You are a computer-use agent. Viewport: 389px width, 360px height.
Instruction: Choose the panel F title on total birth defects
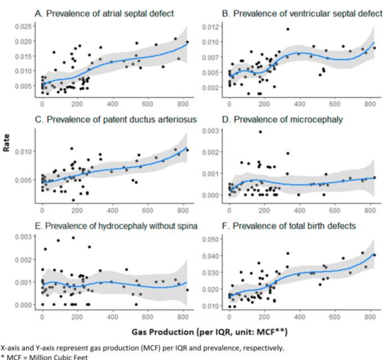(284, 226)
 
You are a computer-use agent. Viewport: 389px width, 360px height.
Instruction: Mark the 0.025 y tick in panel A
(24, 27)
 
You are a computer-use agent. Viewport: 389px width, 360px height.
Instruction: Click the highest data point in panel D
(260, 132)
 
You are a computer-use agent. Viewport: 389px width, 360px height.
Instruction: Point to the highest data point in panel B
(288, 29)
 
